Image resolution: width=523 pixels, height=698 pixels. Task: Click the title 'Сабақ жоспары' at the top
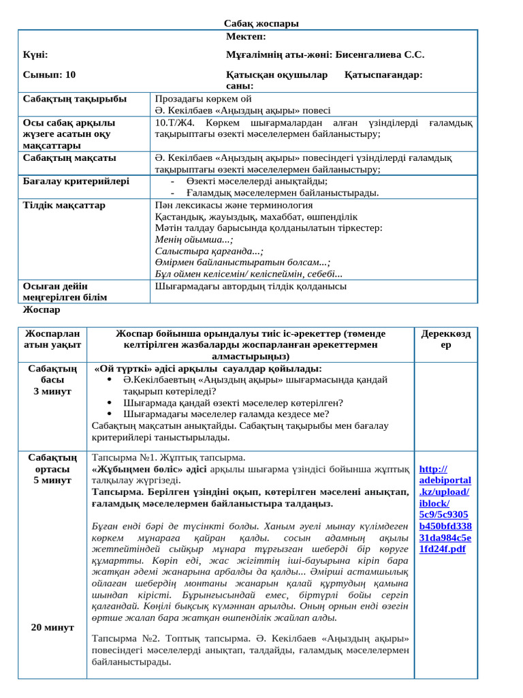pos(261,24)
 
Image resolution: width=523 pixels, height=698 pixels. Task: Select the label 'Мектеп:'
pos(246,36)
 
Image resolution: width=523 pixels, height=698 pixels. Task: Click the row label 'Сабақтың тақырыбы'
pos(75,99)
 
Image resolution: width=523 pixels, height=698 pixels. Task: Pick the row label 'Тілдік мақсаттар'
pos(65,204)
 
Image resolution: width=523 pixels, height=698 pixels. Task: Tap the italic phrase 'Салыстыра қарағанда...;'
pos(209,251)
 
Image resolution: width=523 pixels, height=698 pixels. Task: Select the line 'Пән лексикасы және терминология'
pos(234,204)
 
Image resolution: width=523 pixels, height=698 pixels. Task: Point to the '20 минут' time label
pos(52,627)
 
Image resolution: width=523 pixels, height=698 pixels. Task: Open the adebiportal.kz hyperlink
pos(443,509)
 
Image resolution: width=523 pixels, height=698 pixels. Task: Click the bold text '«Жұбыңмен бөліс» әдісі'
pos(148,470)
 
